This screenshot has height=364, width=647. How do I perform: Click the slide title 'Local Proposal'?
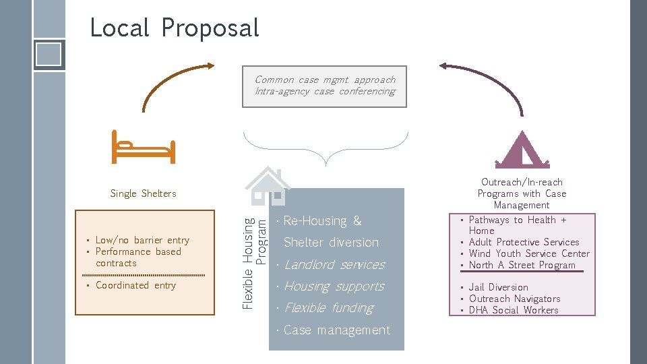(174, 28)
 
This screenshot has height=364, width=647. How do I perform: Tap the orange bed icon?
(143, 148)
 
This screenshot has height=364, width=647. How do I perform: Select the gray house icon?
(268, 186)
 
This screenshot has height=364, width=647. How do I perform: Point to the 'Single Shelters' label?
(143, 193)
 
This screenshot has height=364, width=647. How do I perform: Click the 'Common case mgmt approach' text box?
(325, 86)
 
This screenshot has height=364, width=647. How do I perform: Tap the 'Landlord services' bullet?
(334, 265)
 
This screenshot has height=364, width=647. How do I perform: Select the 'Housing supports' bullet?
(334, 286)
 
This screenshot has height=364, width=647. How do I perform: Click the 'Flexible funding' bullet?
(328, 308)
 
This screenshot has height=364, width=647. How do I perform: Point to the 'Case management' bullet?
(336, 330)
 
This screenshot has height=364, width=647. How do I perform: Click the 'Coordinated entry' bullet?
(135, 285)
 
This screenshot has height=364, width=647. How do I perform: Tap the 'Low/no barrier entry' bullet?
(142, 240)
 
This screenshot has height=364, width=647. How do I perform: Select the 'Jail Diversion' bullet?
(498, 287)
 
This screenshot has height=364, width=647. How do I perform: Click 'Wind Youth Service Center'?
(529, 253)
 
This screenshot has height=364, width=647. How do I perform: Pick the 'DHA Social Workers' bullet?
(514, 310)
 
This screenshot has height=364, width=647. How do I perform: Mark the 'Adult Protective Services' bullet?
(524, 242)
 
